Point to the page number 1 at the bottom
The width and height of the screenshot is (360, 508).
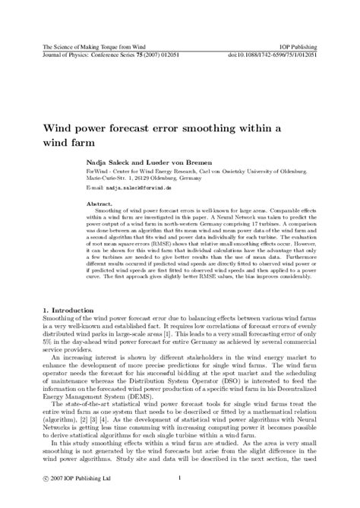pos(180,478)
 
